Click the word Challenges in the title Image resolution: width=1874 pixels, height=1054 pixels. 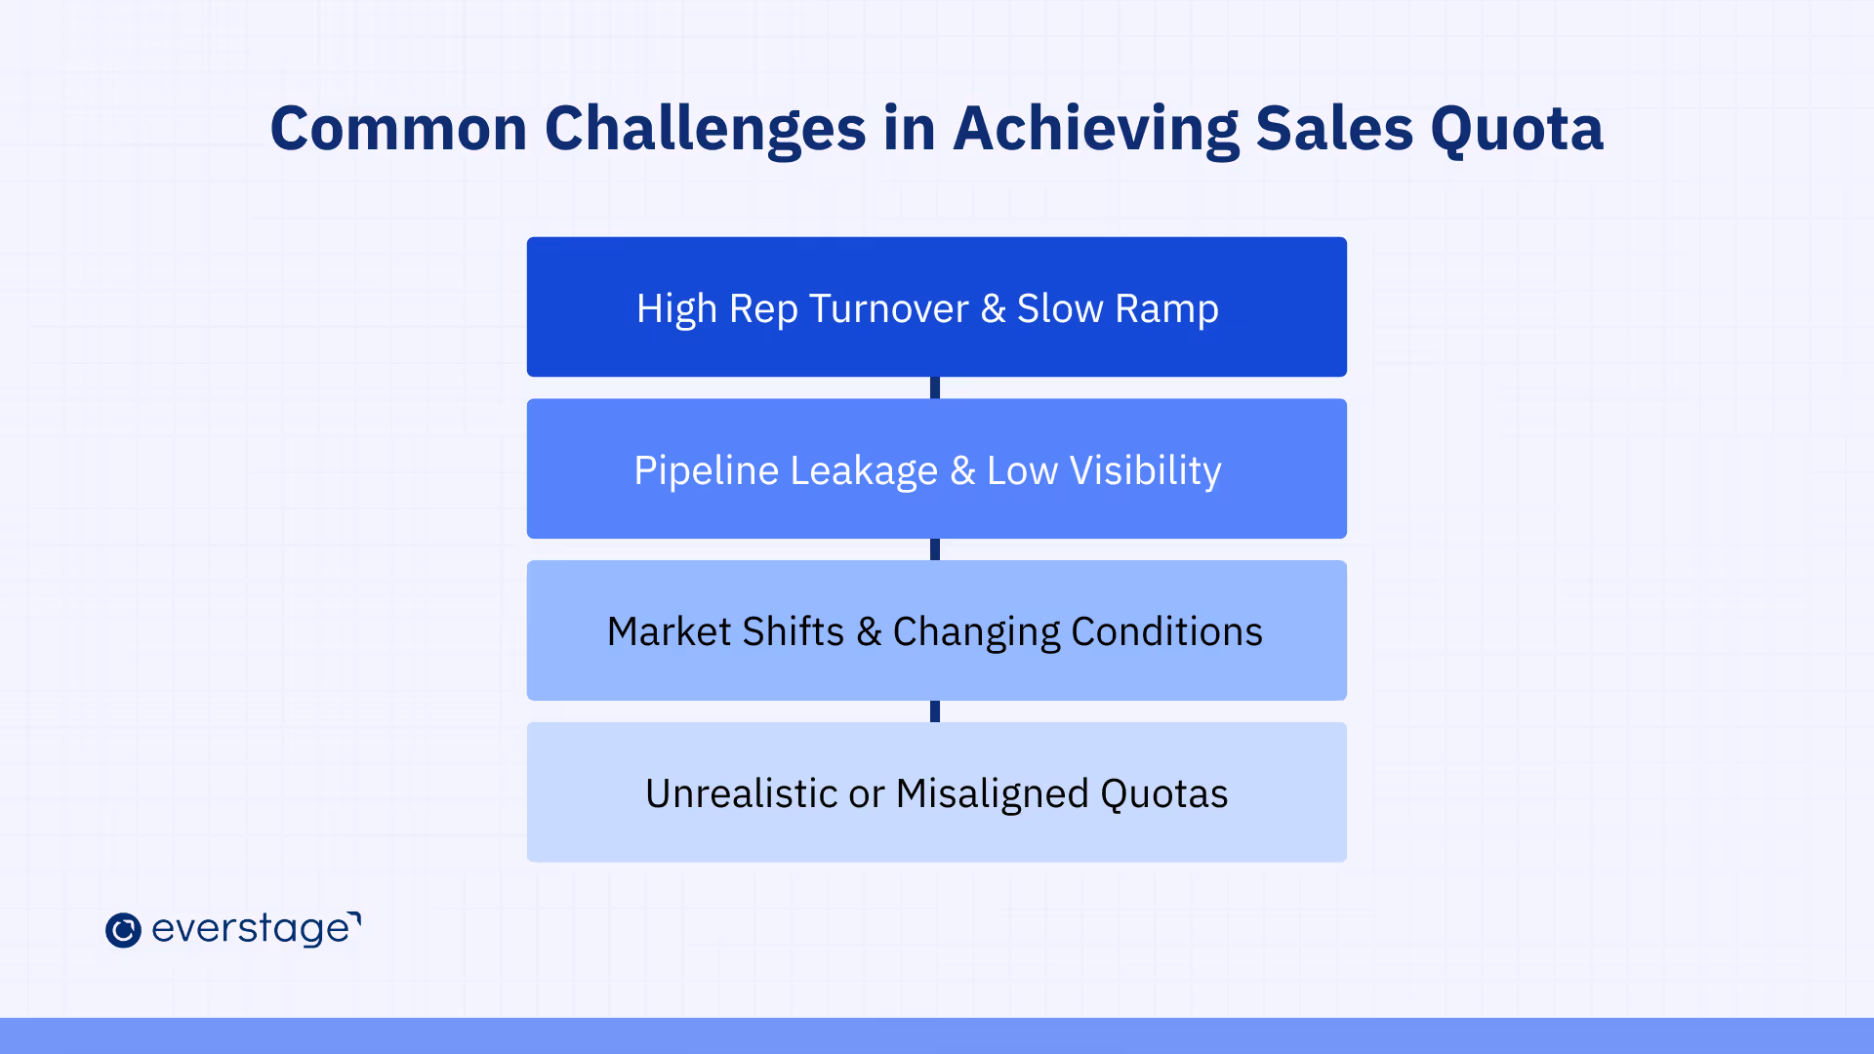coord(705,131)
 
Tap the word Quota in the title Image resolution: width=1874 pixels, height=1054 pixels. coord(1517,130)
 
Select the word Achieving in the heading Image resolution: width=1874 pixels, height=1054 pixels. coord(1095,131)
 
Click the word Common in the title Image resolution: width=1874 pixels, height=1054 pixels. coord(399,129)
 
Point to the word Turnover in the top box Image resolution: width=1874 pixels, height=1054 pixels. coord(888,308)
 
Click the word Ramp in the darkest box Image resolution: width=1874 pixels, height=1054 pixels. coord(1166,310)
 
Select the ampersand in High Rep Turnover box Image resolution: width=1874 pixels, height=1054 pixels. coord(993,308)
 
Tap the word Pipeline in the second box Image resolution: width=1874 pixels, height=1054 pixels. coord(706,471)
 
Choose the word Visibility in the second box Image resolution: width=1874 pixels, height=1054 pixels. coord(1145,471)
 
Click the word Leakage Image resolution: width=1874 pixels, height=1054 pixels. coord(863,471)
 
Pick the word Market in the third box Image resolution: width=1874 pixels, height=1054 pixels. coord(669,632)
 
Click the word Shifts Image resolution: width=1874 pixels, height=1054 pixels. coord(793,632)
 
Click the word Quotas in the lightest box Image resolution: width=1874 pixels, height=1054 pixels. coord(1163,794)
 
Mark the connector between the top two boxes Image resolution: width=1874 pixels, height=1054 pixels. coord(935,387)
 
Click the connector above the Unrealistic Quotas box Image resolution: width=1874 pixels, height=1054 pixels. coord(935,711)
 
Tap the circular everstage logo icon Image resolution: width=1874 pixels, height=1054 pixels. coord(123,930)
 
